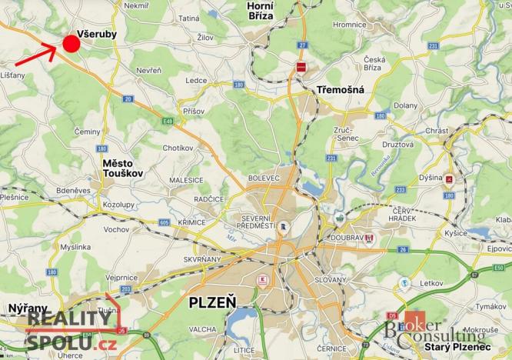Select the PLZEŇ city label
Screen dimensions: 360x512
click(212, 302)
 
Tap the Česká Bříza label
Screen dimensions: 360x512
click(375, 64)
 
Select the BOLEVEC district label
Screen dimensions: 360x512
click(264, 178)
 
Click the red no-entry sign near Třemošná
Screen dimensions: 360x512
click(301, 67)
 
